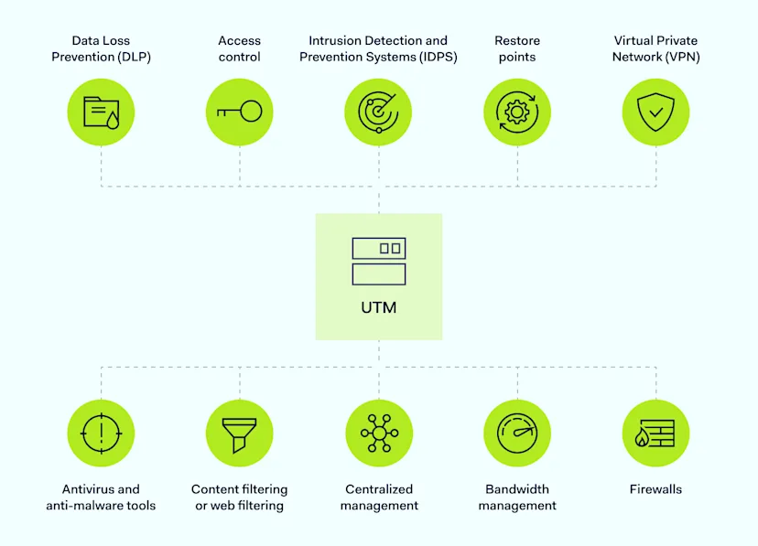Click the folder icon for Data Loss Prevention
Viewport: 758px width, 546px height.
[x=101, y=112]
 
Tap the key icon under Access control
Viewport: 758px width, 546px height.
[x=239, y=112]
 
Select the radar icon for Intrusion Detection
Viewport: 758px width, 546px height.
[x=378, y=112]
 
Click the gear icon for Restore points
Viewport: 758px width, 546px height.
[x=516, y=112]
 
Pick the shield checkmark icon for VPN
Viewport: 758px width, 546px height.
[x=655, y=112]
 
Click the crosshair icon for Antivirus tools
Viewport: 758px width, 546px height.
[x=101, y=433]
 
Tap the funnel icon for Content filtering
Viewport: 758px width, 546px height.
[x=239, y=433]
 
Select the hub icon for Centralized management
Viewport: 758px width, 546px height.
[x=378, y=433]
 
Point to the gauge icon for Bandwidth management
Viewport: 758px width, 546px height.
[x=516, y=433]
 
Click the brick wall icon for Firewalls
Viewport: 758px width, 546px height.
[x=655, y=433]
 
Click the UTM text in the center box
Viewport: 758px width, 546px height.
[x=378, y=307]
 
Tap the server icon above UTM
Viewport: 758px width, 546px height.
[x=378, y=261]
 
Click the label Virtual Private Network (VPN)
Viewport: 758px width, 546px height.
[x=655, y=48]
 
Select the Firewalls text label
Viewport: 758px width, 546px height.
[x=655, y=489]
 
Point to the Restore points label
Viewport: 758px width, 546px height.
[x=517, y=48]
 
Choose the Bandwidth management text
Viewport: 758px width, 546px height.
[x=517, y=498]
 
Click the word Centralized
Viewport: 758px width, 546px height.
[x=379, y=489]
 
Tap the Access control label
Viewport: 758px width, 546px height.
[x=239, y=48]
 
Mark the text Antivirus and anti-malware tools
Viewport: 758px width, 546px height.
[x=101, y=498]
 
